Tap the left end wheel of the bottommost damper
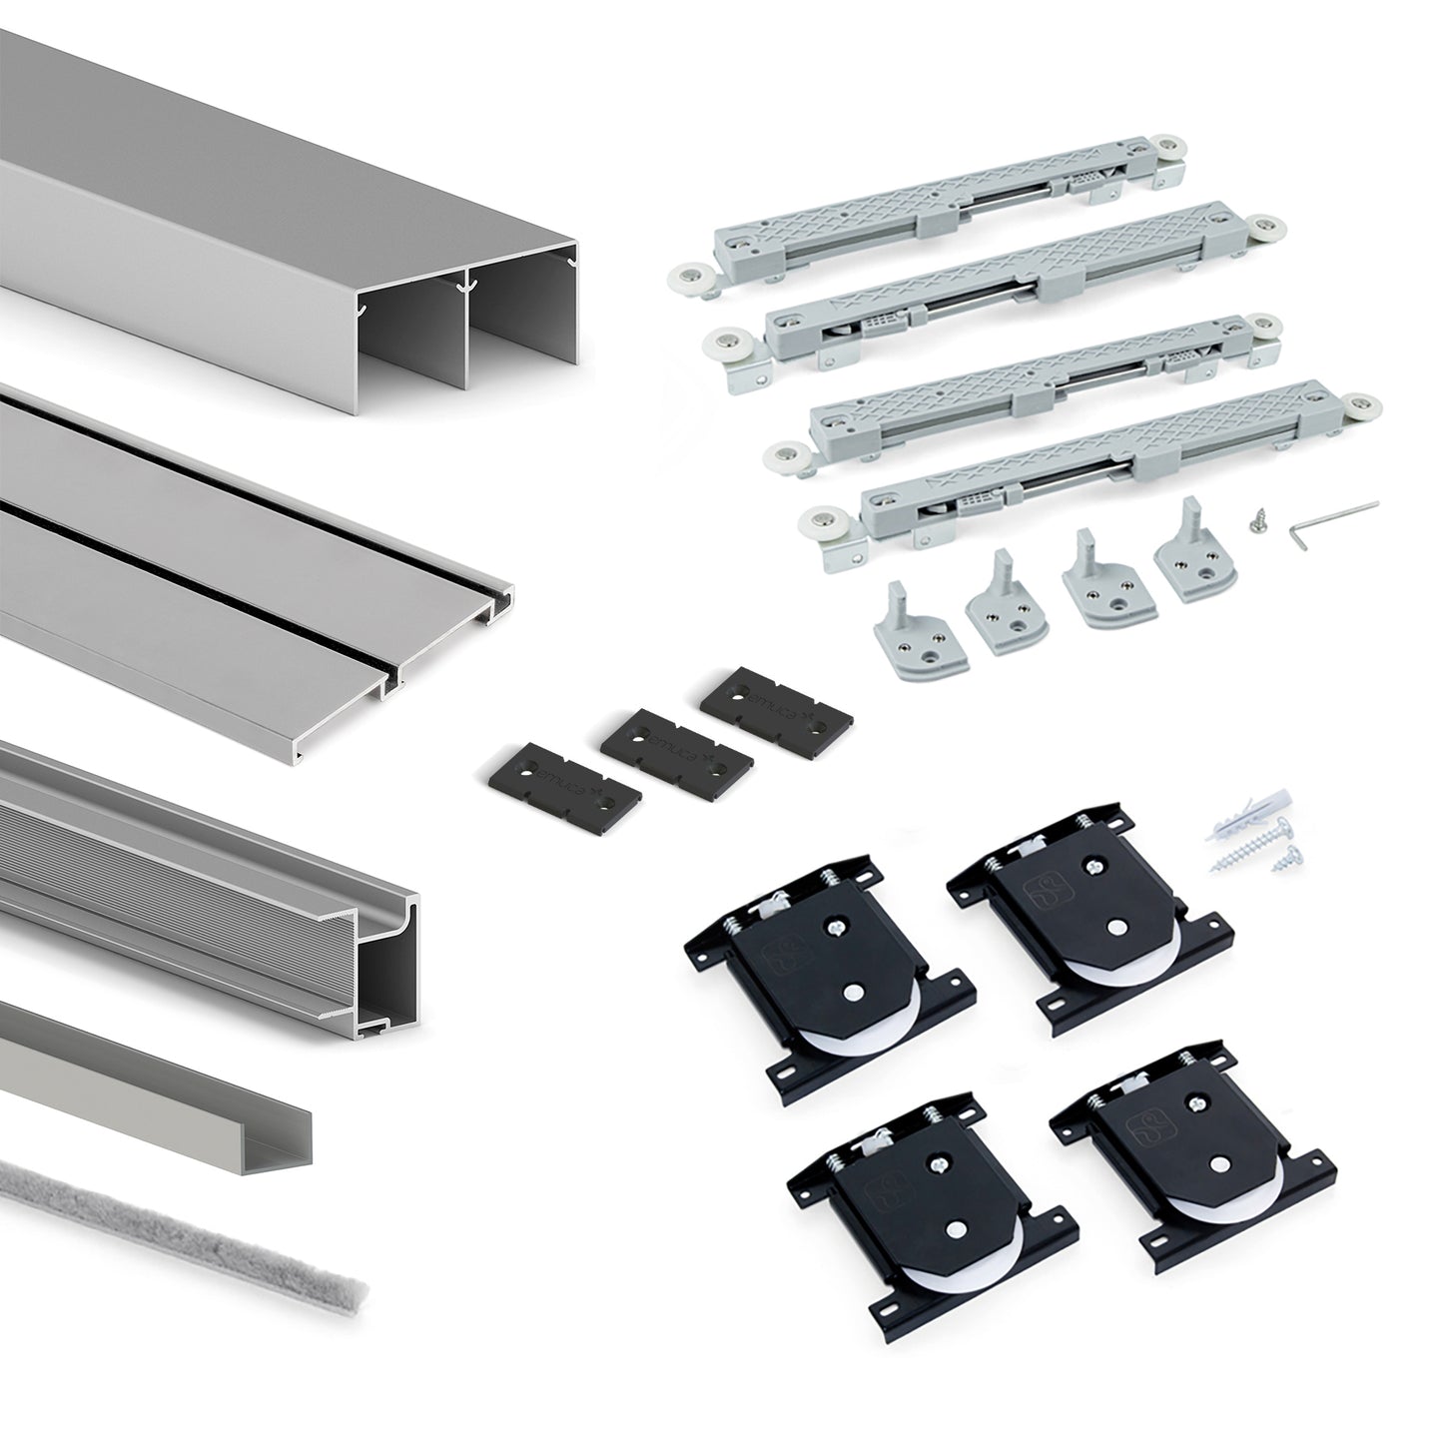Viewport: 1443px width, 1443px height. click(x=823, y=519)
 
